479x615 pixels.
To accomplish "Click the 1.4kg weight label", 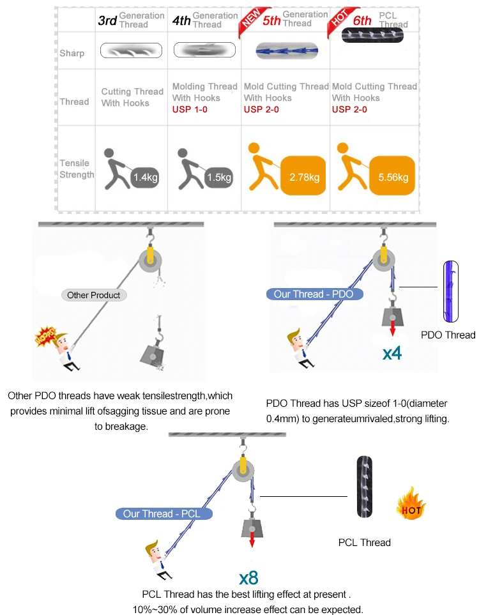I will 145,178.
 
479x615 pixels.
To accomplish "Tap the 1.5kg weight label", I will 219,178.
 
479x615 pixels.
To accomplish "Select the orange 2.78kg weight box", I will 303,177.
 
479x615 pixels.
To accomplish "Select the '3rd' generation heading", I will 107,20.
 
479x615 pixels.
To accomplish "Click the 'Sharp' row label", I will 72,53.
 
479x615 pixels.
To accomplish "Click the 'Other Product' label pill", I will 94,295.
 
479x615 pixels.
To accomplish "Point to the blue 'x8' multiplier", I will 248,579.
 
